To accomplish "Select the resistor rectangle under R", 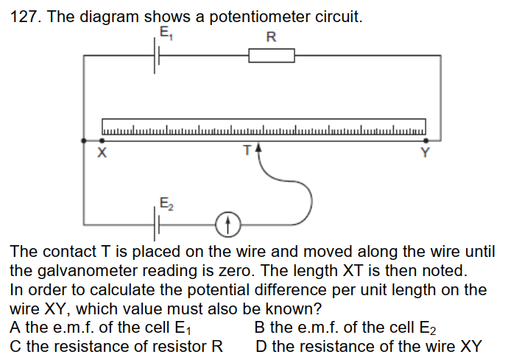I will point(272,55).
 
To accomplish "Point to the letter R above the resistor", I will point(271,37).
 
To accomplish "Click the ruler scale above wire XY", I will point(264,127).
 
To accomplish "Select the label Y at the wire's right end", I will point(424,154).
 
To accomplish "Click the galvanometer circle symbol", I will point(227,222).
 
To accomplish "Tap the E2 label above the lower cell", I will point(166,203).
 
